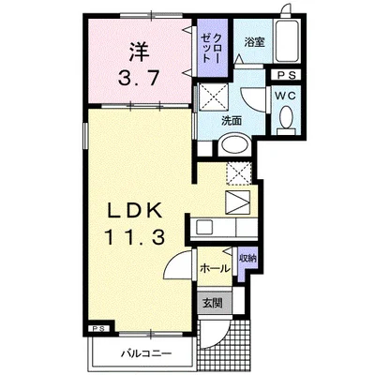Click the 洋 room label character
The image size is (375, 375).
(138, 52)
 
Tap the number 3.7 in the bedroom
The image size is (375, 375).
(138, 78)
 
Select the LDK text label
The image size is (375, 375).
(135, 210)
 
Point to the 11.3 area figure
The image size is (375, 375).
(135, 236)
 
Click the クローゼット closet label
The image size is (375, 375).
(210, 48)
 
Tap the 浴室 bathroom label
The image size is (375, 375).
(254, 42)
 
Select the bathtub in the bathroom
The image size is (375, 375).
(287, 41)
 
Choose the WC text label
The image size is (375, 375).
(285, 97)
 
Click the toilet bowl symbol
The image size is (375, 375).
(286, 116)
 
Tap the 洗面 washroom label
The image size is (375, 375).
(232, 121)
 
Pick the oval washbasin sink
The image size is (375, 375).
(234, 144)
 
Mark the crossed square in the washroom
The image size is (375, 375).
(214, 97)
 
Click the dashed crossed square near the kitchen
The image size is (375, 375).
(238, 173)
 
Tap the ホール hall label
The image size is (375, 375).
(215, 268)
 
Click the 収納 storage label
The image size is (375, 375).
(247, 259)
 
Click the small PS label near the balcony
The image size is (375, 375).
(100, 328)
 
